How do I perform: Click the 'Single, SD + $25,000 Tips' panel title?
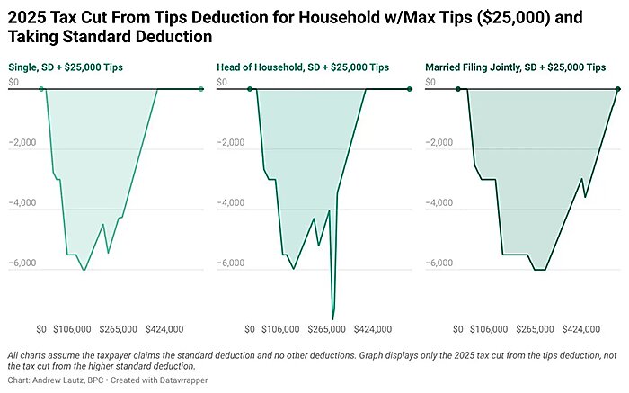coord(65,67)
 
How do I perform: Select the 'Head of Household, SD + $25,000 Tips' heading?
coord(303,67)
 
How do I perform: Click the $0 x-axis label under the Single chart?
coord(41,329)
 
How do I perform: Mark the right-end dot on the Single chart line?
coord(200,88)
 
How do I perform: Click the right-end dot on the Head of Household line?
coord(410,88)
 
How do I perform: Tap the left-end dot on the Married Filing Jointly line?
coord(458,88)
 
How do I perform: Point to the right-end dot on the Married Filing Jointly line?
coord(618,88)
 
